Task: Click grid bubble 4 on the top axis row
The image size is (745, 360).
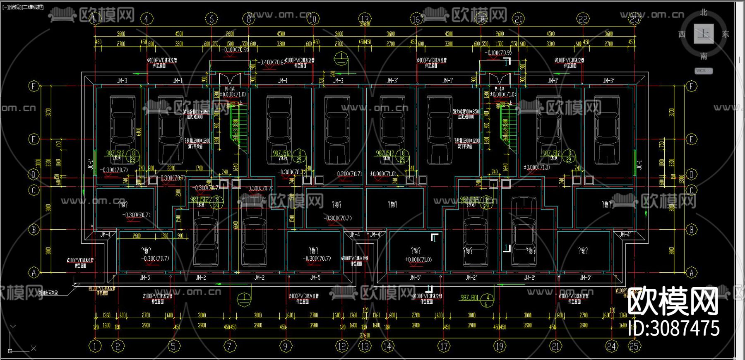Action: [x=146, y=19]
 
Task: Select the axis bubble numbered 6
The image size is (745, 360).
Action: [x=211, y=19]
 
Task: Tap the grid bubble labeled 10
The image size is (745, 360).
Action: [x=313, y=19]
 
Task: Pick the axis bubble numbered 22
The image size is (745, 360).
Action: [x=583, y=19]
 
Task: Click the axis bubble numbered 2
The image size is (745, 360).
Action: [x=118, y=346]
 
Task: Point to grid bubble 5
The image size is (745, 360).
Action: [x=173, y=346]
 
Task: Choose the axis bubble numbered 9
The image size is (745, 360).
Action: [x=285, y=346]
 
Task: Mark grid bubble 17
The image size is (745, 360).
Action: [x=444, y=346]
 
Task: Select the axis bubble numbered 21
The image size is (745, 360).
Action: [x=555, y=346]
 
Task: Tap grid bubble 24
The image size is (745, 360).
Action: [x=611, y=346]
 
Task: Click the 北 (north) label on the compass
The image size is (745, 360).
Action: [x=704, y=13]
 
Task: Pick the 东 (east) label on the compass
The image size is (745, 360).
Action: [x=726, y=34]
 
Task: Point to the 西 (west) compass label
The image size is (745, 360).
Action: [x=682, y=34]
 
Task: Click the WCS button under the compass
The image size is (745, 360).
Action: [x=703, y=71]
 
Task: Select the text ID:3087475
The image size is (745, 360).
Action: [x=674, y=329]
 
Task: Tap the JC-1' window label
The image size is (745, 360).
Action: [x=91, y=164]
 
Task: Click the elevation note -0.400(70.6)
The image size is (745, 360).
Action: [x=272, y=62]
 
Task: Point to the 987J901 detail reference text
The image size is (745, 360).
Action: [x=469, y=298]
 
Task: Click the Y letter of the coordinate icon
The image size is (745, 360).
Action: [x=13, y=328]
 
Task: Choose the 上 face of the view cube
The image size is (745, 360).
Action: [x=704, y=34]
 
